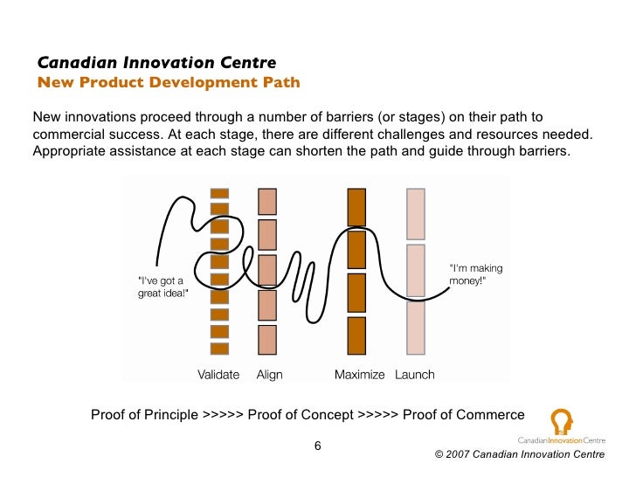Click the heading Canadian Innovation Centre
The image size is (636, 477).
pyautogui.click(x=156, y=63)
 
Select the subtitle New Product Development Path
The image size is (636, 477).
pyautogui.click(x=168, y=83)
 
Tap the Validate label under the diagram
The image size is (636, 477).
pyautogui.click(x=218, y=375)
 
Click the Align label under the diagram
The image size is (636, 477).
pyautogui.click(x=269, y=375)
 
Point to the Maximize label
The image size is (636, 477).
pyautogui.click(x=359, y=375)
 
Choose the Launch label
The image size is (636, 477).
pyautogui.click(x=415, y=375)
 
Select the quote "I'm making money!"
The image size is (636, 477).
pyautogui.click(x=475, y=275)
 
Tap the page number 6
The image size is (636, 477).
pyautogui.click(x=318, y=446)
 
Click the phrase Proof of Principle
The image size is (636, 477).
pyautogui.click(x=144, y=415)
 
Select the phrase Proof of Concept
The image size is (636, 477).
pyautogui.click(x=301, y=415)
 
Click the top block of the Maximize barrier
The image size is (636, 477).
pyautogui.click(x=356, y=207)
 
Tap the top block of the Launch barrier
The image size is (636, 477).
pyautogui.click(x=416, y=211)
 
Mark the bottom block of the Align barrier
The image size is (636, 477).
pyautogui.click(x=267, y=339)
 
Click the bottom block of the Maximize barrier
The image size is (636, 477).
pyautogui.click(x=356, y=335)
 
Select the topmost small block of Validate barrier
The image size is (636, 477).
pyautogui.click(x=219, y=193)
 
